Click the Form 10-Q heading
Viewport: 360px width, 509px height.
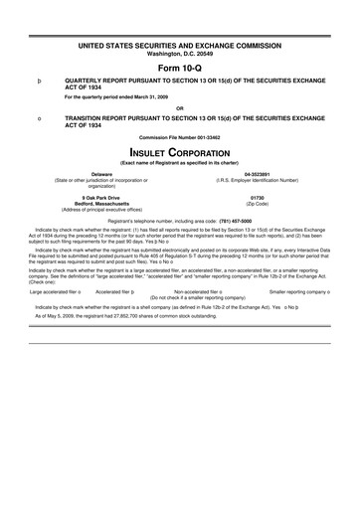pyautogui.click(x=180, y=68)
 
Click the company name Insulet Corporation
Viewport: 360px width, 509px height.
pyautogui.click(x=180, y=154)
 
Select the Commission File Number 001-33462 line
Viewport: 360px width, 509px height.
pyautogui.click(x=180, y=136)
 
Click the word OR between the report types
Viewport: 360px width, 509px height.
pyautogui.click(x=180, y=107)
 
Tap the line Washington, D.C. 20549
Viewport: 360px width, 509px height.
pyautogui.click(x=180, y=54)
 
